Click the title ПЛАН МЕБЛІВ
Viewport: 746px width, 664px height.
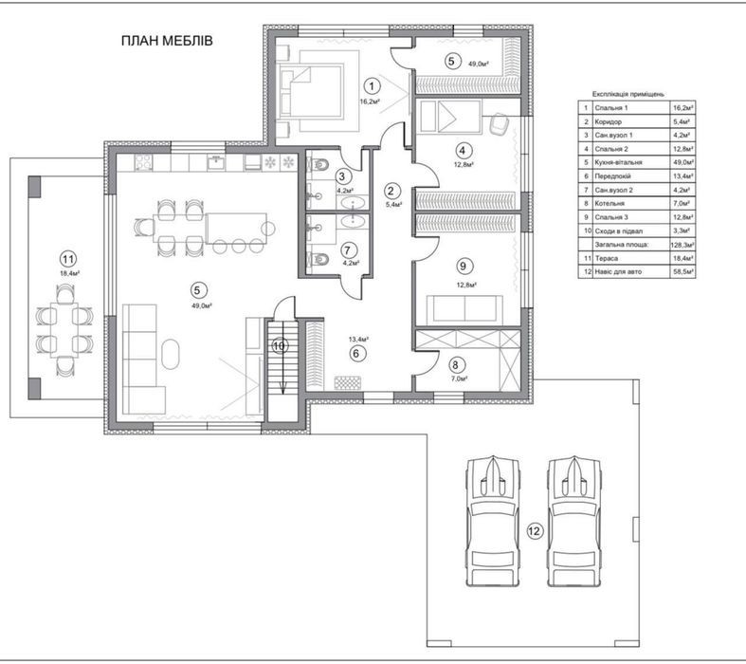167,41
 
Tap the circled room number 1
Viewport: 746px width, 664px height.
372,86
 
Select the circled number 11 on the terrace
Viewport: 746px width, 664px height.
68,259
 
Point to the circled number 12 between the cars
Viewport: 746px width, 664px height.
535,530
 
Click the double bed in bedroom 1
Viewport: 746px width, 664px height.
312,91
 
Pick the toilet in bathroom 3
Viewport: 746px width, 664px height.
318,165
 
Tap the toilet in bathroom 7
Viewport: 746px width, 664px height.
318,259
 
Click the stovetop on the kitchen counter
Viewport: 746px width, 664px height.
143,163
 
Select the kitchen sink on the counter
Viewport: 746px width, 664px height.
216,162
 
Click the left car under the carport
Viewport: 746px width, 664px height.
493,521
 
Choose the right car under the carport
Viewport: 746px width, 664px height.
574,521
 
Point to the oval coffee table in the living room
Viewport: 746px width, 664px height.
171,354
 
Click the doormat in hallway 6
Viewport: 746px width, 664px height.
347,382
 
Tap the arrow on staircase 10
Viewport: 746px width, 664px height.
282,357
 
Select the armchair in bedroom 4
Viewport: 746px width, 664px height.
499,123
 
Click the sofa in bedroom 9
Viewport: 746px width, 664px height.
464,308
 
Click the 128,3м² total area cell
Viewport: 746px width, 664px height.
682,245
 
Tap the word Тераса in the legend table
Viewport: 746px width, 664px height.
607,258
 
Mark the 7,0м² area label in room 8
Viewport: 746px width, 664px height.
457,378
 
